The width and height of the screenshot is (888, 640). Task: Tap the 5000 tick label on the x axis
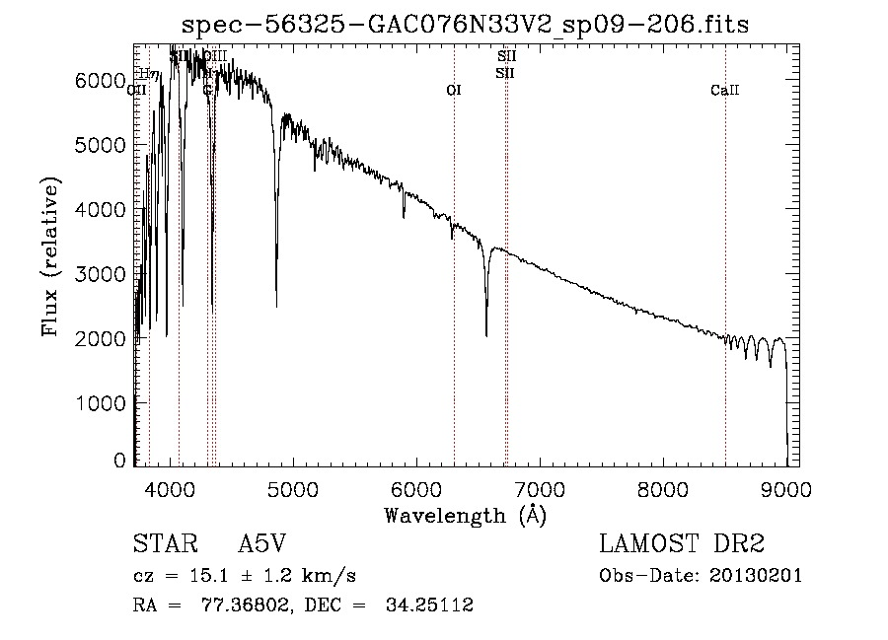click(292, 488)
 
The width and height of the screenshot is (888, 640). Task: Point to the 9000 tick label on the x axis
click(786, 488)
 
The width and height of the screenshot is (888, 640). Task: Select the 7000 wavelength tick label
click(540, 488)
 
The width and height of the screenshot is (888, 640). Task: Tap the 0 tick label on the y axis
click(120, 462)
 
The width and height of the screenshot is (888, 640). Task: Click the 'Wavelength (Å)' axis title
click(466, 515)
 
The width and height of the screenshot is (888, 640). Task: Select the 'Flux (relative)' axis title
click(50, 256)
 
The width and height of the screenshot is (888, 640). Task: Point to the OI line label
click(454, 90)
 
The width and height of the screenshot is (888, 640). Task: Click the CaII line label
click(724, 91)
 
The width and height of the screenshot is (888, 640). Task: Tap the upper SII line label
click(506, 56)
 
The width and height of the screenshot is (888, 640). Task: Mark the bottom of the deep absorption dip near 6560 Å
click(486, 336)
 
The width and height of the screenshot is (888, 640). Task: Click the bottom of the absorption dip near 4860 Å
click(276, 306)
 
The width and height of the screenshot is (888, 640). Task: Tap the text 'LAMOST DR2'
click(682, 544)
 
